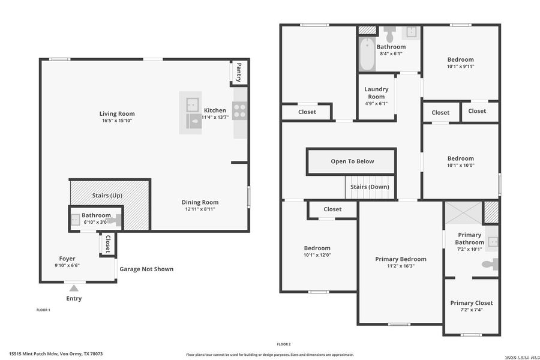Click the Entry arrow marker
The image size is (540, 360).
coord(74,289)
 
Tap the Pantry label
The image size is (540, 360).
coord(239,73)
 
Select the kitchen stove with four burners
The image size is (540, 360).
coord(239,110)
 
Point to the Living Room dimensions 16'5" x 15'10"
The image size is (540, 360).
coord(117,121)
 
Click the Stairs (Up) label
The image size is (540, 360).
coord(109,195)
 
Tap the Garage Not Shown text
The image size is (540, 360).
coord(146,269)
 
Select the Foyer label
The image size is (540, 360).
coord(67,259)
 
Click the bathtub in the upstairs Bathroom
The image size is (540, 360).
coord(366,55)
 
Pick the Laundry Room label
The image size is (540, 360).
coord(376,92)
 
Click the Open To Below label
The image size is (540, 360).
coord(352,161)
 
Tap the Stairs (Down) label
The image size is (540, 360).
coord(370,187)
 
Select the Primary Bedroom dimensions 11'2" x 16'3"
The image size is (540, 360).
coord(400,266)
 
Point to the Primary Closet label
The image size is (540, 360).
coord(471,303)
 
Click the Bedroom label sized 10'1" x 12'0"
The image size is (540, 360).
coord(317,248)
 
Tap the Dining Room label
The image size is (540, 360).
coord(200,202)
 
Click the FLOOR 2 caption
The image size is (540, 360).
coord(284,344)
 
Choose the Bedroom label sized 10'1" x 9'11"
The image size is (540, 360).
coord(460,59)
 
